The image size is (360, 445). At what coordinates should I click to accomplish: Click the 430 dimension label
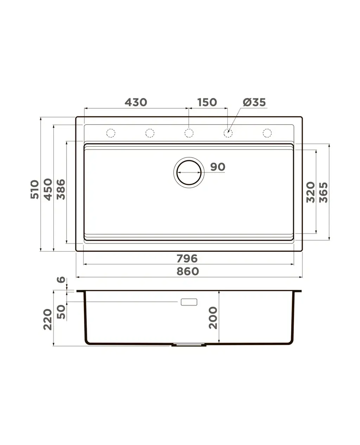click(x=136, y=102)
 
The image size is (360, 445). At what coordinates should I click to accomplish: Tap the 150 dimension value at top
click(x=207, y=102)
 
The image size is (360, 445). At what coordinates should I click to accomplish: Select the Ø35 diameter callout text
click(x=254, y=102)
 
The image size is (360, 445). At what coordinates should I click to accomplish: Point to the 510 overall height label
click(x=35, y=189)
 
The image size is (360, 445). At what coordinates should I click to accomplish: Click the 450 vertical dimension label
click(x=48, y=189)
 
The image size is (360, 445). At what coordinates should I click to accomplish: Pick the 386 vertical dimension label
click(x=61, y=189)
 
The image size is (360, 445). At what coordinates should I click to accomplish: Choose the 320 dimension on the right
click(x=310, y=192)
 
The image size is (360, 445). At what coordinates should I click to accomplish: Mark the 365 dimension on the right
click(x=323, y=192)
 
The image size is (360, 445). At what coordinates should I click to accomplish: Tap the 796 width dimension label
click(x=187, y=259)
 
